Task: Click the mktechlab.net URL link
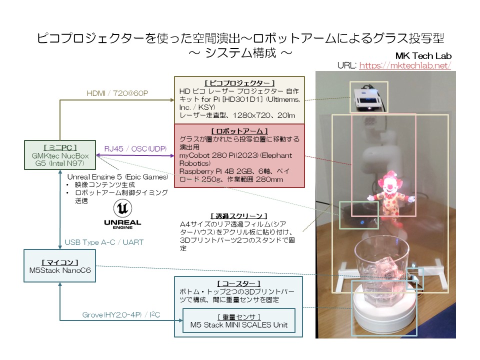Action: tap(405, 65)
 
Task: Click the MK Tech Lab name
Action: tap(423, 55)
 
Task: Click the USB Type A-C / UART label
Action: tap(104, 242)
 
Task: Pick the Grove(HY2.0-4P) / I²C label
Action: tap(124, 315)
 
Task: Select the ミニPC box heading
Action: tap(60, 147)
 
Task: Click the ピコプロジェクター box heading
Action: tap(239, 82)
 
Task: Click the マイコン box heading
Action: tap(60, 261)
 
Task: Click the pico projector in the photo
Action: tap(368, 97)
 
